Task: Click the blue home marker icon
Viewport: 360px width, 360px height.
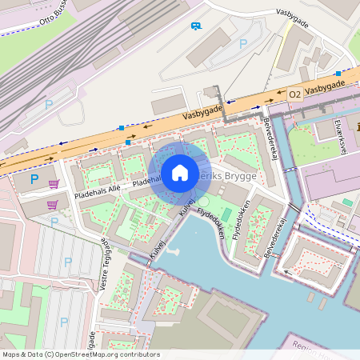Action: pos(180,172)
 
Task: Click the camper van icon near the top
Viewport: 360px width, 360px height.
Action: pos(196,26)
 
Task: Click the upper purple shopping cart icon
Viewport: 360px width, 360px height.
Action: pos(54,184)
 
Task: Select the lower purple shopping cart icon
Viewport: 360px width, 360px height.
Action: pos(52,205)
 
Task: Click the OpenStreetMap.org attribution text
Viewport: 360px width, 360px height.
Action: pos(103,354)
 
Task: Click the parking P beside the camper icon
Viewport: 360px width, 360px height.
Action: pos(243,43)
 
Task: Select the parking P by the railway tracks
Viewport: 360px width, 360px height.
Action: pos(49,104)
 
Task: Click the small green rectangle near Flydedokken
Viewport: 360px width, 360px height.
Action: pos(226,214)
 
